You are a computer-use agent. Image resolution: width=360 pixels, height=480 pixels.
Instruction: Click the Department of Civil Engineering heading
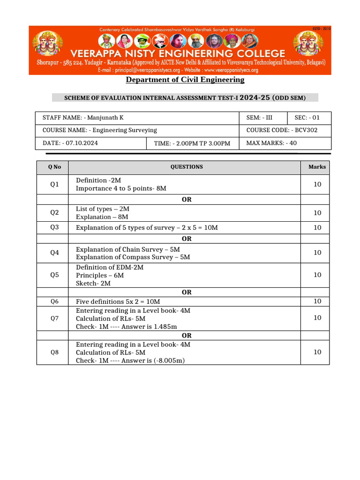point(185,80)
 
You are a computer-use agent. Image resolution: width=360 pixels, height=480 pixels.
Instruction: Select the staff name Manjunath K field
point(83,118)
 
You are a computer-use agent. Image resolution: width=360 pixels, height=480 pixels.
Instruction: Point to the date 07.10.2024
point(70,143)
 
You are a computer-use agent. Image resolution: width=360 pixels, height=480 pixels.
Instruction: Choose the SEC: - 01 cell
point(307,118)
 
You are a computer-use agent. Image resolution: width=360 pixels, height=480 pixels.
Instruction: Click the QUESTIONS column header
point(187,167)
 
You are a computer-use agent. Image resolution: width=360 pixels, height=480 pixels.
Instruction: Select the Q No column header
point(54,167)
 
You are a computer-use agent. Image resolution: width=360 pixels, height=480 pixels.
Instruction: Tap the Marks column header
point(317,167)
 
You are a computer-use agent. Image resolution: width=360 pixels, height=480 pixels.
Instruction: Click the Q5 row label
point(54,275)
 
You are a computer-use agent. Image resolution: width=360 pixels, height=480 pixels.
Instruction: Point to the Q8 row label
point(54,352)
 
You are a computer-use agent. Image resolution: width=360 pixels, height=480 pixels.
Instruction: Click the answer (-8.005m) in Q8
point(166,361)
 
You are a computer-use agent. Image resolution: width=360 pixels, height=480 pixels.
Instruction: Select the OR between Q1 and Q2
point(187,199)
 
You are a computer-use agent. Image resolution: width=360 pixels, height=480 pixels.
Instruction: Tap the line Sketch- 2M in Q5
point(93,284)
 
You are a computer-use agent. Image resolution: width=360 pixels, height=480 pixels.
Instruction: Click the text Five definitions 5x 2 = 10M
point(118,301)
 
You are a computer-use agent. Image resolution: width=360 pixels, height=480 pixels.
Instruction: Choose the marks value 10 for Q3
point(317,228)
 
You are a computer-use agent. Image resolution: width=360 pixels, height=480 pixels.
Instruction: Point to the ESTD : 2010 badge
point(322,29)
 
